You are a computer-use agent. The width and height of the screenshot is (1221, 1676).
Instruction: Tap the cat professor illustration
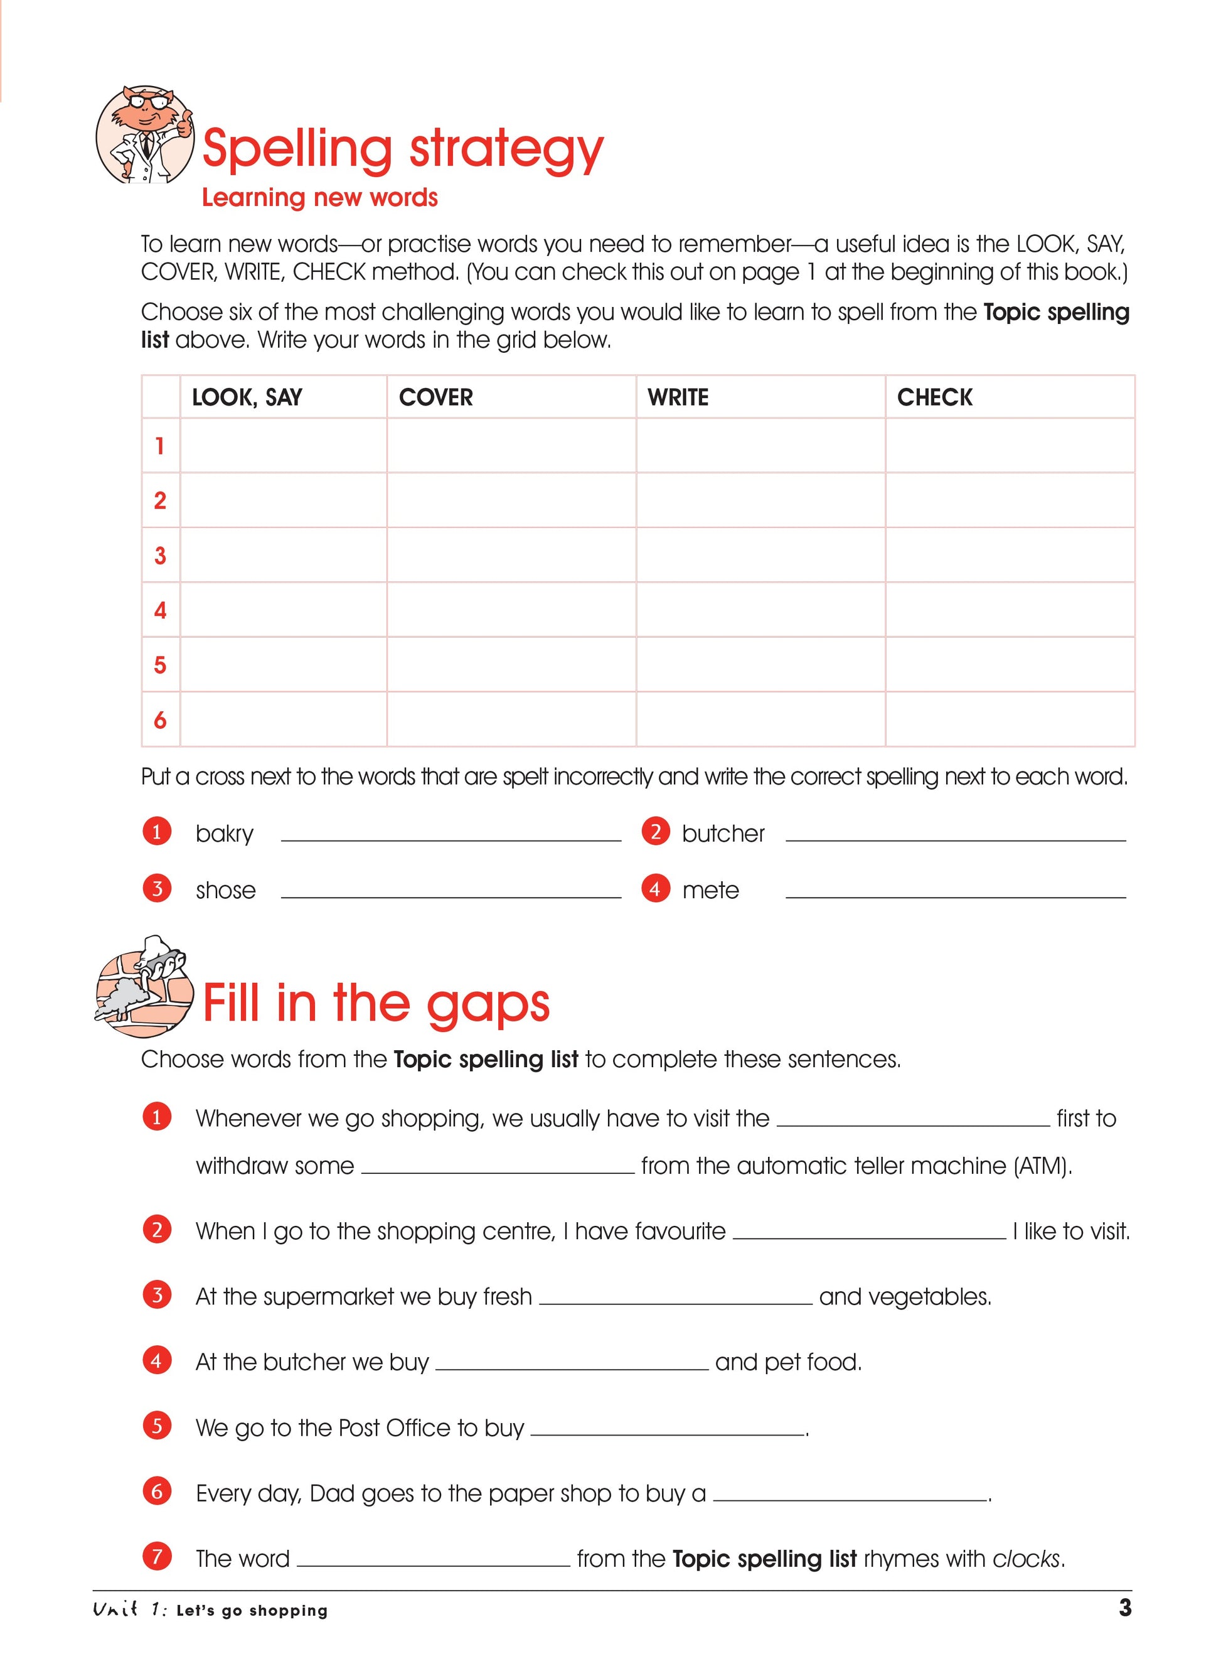pos(144,134)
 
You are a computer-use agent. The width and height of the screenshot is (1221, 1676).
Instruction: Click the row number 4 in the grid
pos(159,610)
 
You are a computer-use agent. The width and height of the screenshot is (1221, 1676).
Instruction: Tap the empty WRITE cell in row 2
pos(760,500)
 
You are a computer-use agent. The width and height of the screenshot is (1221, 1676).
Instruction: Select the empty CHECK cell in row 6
pos(1010,719)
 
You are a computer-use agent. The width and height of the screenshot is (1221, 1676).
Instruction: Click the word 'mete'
pos(710,890)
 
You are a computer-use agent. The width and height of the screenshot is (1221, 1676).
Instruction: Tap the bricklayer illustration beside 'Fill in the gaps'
pos(144,987)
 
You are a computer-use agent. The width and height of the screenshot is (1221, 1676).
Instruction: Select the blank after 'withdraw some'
pos(498,1165)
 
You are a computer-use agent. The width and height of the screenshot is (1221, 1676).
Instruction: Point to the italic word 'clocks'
pos(1026,1559)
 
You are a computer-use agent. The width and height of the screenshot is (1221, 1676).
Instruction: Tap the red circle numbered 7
pos(157,1556)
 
